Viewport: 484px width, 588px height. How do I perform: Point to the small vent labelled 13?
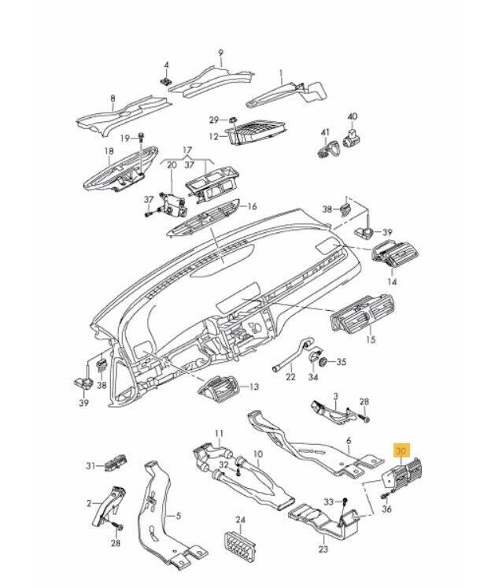221,386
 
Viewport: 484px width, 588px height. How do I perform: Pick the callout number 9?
221,54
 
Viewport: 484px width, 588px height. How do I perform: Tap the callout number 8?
113,99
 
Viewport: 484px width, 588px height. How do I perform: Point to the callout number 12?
213,137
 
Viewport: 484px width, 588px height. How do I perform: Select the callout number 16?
253,207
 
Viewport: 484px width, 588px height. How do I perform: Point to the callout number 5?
178,516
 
